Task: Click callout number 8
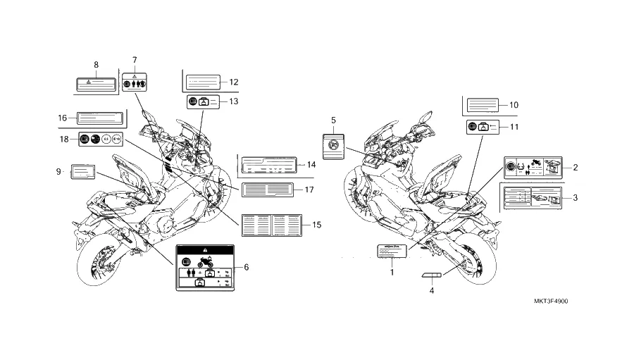(96, 65)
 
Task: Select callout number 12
(234, 82)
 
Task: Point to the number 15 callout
(317, 225)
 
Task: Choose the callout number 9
(57, 171)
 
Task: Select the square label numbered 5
(333, 146)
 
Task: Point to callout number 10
(514, 105)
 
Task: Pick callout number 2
(576, 167)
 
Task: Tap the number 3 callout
(576, 198)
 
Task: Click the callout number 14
(311, 165)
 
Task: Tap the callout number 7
(135, 60)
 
